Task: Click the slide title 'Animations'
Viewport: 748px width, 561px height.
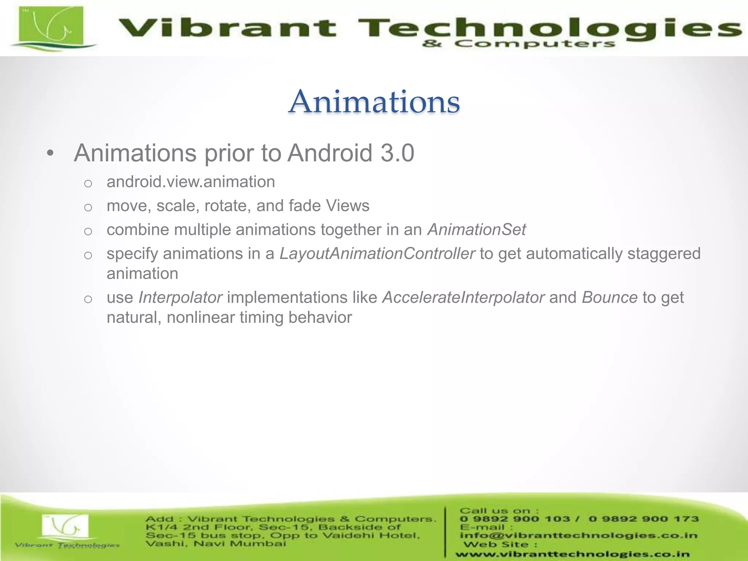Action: coord(374,102)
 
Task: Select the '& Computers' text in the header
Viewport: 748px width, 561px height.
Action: coord(519,44)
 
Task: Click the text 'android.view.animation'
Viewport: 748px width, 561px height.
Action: coord(191,182)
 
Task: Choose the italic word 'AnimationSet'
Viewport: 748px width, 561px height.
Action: coord(477,230)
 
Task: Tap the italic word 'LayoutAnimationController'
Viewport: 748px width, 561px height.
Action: coord(377,253)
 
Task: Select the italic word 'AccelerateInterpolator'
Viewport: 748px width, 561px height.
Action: coord(463,297)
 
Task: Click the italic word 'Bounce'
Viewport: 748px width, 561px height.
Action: coord(610,297)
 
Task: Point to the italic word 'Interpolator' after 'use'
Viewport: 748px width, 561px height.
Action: coord(180,297)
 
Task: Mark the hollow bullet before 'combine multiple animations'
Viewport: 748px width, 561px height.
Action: coord(88,231)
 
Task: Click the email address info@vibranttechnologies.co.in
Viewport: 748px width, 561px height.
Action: coord(579,535)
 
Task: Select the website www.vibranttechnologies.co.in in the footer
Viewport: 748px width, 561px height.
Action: coord(572,554)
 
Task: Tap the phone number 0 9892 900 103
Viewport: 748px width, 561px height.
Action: coord(515,519)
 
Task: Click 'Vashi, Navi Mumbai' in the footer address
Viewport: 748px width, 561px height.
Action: coord(216,544)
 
